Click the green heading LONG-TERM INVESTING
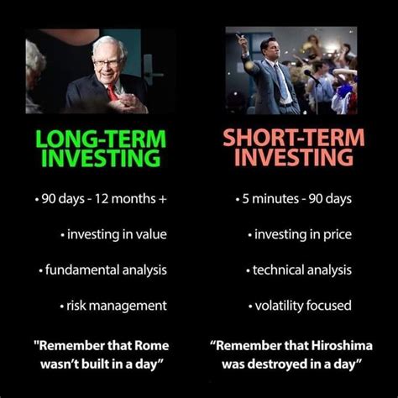100,147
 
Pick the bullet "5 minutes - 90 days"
294,199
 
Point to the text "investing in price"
302,234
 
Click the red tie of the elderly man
112,92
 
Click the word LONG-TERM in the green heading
100,136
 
